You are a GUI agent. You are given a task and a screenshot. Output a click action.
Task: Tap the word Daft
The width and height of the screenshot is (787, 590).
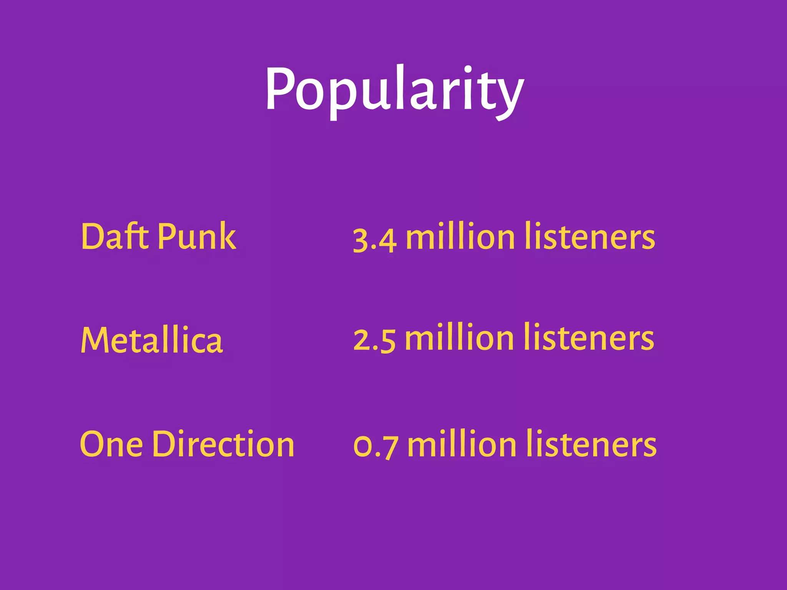(115, 236)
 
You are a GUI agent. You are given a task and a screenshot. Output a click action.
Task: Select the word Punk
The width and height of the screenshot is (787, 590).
(197, 236)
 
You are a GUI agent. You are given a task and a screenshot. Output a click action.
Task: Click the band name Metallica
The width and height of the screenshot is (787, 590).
(152, 340)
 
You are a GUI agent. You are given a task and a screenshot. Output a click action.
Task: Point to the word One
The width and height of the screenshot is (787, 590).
(111, 444)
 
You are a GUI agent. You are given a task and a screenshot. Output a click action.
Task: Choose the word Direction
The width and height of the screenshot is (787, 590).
(223, 444)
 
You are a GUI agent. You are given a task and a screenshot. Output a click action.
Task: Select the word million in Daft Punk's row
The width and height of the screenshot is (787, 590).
(460, 237)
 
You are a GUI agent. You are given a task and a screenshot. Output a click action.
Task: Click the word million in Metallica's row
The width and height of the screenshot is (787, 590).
(459, 338)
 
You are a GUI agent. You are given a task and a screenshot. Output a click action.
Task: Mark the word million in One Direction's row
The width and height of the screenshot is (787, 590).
(462, 444)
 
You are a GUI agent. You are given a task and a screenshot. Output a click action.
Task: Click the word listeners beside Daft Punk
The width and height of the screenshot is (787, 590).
(590, 237)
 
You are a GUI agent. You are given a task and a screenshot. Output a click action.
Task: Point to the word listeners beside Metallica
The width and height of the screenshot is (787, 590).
(589, 338)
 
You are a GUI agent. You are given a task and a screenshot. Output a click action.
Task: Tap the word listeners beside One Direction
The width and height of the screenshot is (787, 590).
(591, 444)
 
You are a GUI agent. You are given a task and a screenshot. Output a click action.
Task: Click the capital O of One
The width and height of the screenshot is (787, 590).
(92, 444)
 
